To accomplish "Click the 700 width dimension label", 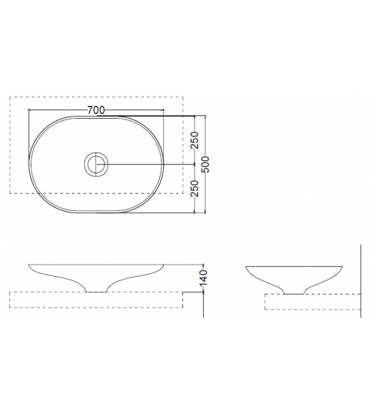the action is tap(96, 110).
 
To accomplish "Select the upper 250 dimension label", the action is tap(195, 140).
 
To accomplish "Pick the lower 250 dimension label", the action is tap(195, 188).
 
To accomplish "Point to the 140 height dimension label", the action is tap(204, 278).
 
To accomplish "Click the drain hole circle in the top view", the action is tap(96, 153).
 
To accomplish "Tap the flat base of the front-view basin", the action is tap(96, 292).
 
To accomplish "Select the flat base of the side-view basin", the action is tap(294, 294).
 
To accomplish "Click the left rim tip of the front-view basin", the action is tap(28, 264).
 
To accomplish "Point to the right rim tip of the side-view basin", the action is tap(342, 267).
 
